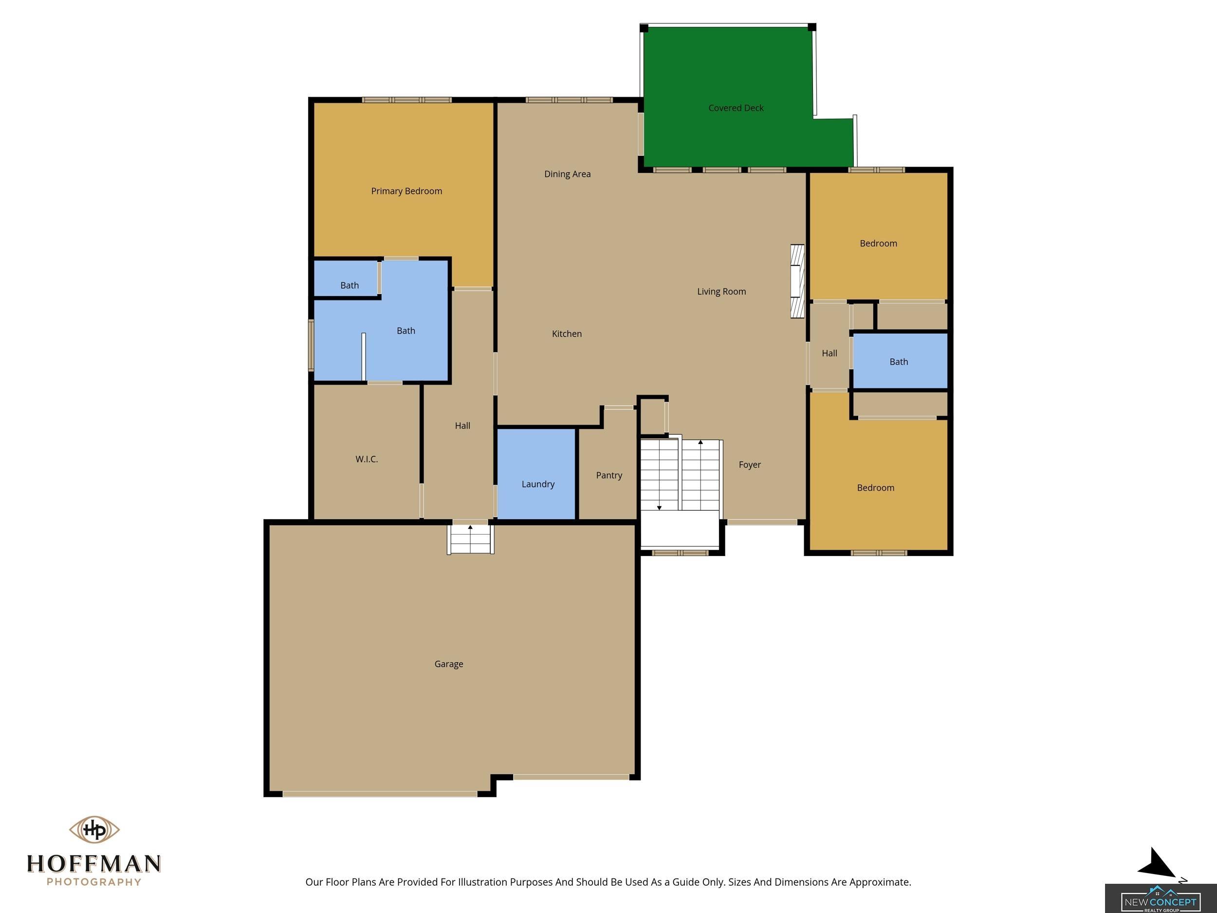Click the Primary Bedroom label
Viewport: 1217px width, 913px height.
coord(406,191)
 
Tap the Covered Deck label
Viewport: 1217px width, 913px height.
coord(736,108)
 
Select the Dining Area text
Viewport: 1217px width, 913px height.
coord(567,174)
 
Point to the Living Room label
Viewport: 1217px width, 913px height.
coord(721,292)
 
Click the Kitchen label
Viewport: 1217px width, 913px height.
coord(567,334)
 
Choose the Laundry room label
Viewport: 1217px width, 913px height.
coord(538,484)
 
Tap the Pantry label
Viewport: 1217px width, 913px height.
coord(609,475)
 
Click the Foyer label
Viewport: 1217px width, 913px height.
coord(750,465)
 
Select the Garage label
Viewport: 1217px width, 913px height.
coord(449,664)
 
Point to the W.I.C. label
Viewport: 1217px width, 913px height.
coord(367,459)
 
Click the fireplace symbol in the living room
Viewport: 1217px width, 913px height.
coord(797,281)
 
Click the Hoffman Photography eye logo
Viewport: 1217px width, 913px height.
coord(94,829)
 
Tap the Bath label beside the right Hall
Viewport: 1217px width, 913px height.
coord(899,362)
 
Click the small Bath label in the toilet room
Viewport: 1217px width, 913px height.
coord(350,285)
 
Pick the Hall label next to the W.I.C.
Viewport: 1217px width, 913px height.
coord(462,426)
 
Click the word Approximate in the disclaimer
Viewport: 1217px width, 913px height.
coord(880,882)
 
